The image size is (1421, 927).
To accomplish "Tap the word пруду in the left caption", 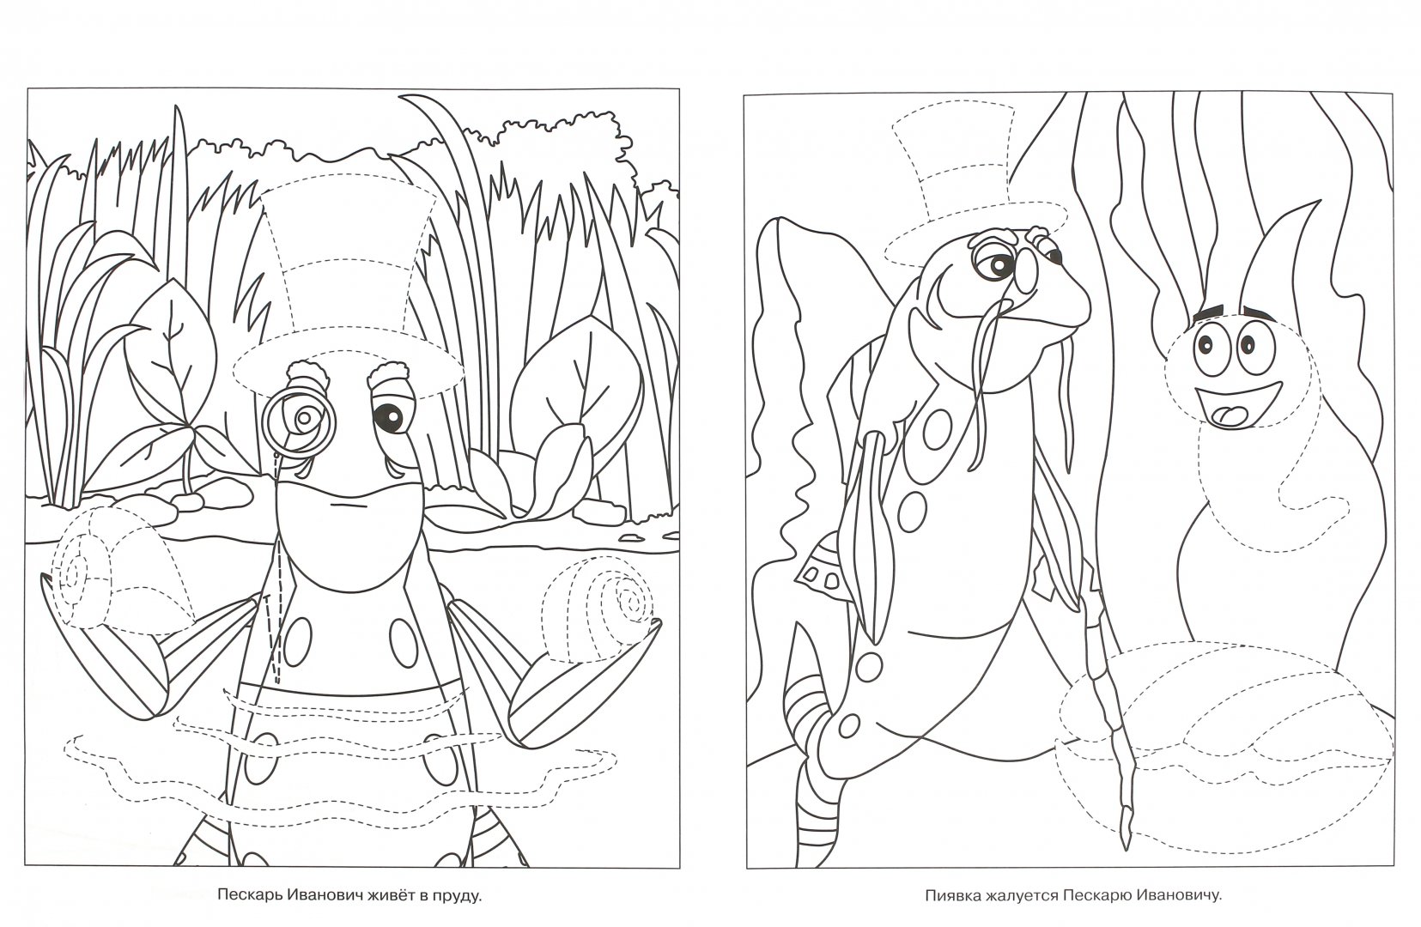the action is (x=458, y=897).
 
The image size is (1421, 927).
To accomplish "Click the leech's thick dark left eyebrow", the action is (x=1207, y=314).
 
